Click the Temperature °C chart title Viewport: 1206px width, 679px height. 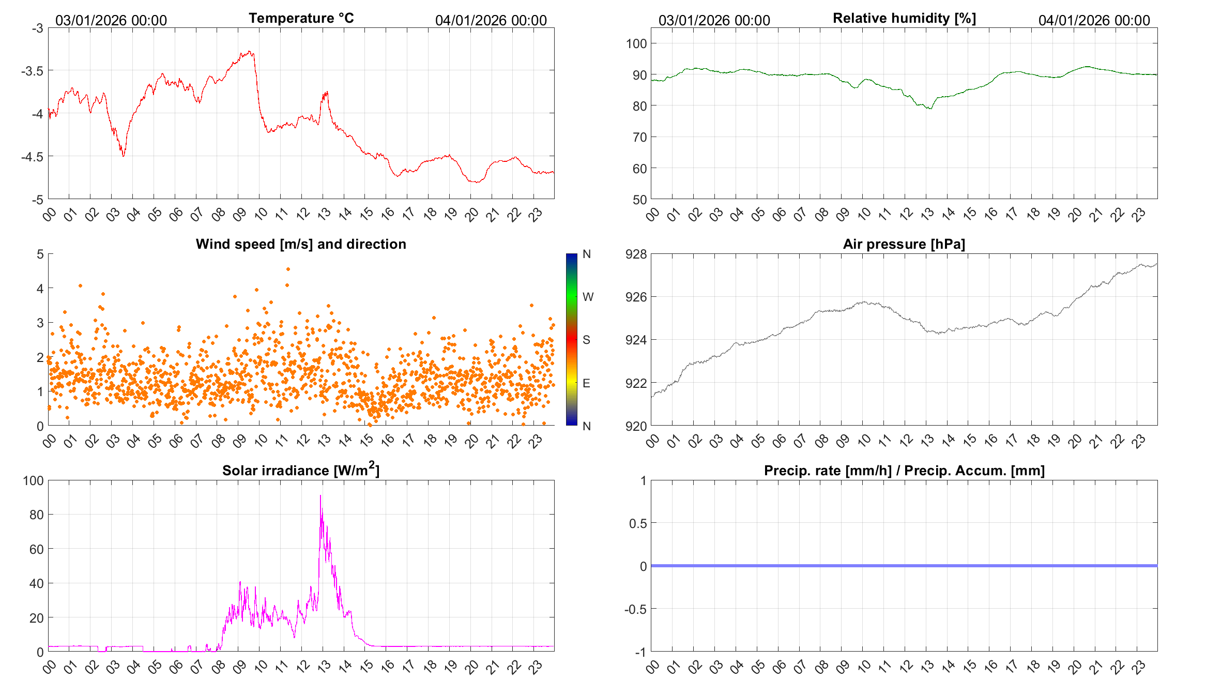(301, 18)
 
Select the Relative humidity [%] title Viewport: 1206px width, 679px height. (904, 18)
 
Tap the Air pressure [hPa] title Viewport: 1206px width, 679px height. (904, 244)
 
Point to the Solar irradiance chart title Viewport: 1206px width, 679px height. (301, 470)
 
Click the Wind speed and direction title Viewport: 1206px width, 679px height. (301, 244)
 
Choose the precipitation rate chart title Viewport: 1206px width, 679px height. (904, 471)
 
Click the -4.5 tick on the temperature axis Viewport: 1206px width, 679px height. (32, 156)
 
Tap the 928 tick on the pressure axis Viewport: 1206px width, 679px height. (636, 254)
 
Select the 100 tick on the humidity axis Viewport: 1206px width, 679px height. (636, 43)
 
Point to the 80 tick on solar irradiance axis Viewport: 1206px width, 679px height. (36, 515)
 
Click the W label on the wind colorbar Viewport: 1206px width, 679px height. (588, 297)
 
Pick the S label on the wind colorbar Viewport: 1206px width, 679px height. (586, 340)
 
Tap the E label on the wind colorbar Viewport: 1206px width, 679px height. (586, 383)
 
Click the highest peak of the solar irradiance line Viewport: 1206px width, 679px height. (320, 496)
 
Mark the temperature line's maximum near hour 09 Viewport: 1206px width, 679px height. (250, 51)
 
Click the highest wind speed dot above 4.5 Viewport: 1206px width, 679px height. (288, 269)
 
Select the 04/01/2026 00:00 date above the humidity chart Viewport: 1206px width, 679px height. (1094, 20)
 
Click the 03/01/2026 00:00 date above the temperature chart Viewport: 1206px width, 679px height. (111, 20)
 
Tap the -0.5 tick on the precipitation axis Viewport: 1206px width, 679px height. (635, 609)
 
